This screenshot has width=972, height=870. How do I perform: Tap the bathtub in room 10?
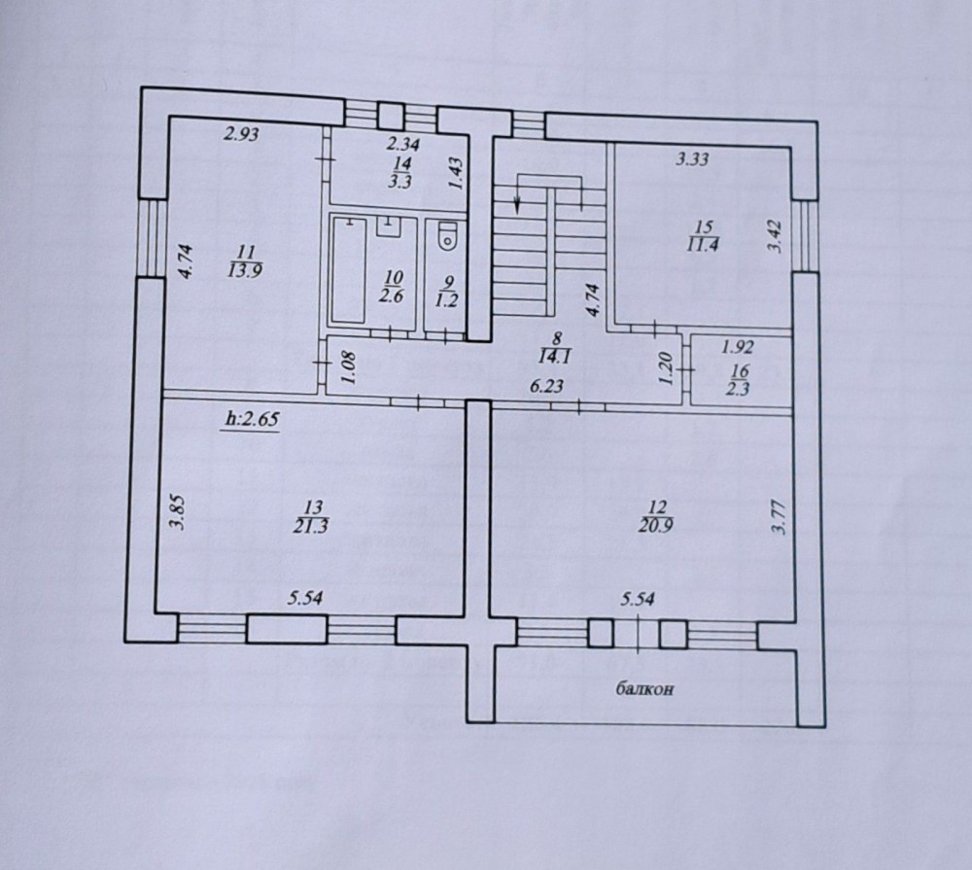(348, 268)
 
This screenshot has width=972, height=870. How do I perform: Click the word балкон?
(644, 688)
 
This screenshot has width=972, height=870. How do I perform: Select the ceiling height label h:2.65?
(252, 419)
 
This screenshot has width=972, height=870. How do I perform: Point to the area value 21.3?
(313, 527)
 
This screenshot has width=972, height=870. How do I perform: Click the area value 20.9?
(656, 526)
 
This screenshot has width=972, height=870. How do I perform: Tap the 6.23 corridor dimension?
(546, 386)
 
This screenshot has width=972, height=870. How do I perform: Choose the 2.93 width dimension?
(241, 133)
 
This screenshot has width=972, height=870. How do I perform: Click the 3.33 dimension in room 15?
(692, 159)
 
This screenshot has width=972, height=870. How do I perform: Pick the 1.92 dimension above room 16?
(738, 347)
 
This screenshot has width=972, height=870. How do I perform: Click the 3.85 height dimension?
(179, 512)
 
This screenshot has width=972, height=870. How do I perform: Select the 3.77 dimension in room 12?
(781, 517)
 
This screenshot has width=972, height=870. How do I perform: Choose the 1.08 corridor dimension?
(348, 368)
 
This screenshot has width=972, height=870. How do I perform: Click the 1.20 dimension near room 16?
(667, 368)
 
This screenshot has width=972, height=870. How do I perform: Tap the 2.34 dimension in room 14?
(403, 145)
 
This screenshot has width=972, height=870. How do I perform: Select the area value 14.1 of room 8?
(556, 357)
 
